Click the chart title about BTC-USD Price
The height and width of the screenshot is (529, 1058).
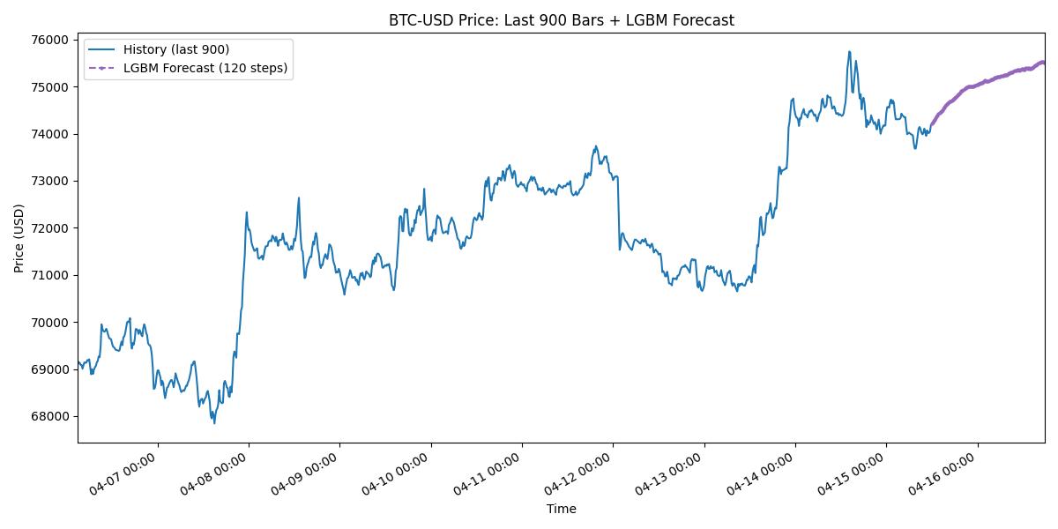[561, 20]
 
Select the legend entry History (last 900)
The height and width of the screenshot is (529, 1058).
[176, 50]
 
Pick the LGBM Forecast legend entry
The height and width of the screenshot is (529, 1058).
[205, 68]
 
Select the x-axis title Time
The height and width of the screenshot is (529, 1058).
[561, 509]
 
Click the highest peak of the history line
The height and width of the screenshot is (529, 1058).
[849, 51]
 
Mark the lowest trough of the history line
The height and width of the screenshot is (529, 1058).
[213, 423]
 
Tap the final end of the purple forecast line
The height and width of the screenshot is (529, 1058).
[1044, 62]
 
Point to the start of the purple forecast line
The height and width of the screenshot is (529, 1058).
[930, 126]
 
